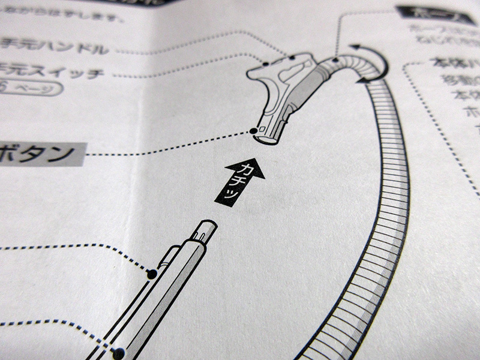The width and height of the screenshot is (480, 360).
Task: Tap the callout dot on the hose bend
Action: tap(335, 59)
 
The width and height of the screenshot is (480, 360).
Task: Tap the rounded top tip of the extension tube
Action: tap(206, 226)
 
